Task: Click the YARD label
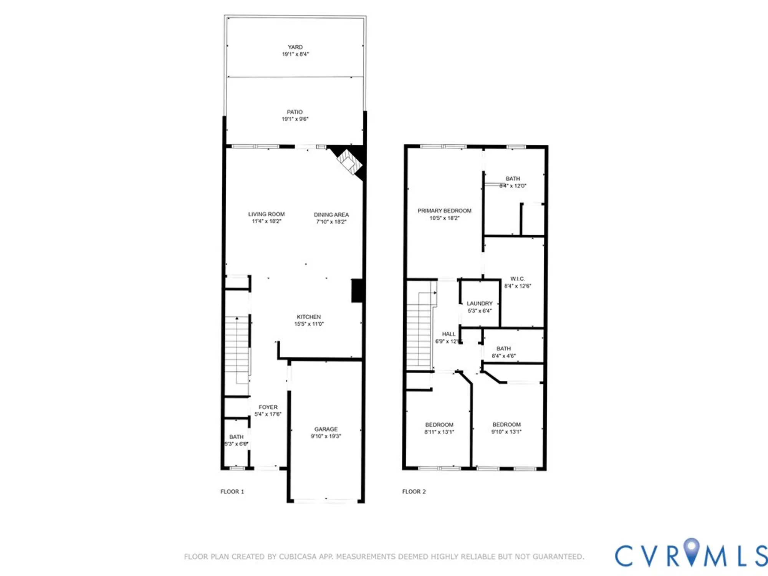coord(295,47)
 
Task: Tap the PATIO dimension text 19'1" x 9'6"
coord(295,119)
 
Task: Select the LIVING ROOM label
coord(266,214)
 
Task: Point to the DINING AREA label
coord(331,215)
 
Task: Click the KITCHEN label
coord(309,317)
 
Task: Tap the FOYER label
coord(268,407)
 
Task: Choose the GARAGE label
coord(326,429)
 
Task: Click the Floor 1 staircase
coord(237,349)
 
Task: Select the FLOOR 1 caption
coord(232,492)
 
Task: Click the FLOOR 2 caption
coord(414,492)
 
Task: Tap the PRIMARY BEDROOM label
coord(444,211)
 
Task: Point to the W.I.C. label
coord(517,279)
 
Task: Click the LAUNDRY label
coord(480,303)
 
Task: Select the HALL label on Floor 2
coord(449,334)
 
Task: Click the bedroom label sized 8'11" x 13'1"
coord(439,425)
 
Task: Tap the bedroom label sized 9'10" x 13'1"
coord(506,425)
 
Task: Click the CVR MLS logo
coord(691,555)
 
